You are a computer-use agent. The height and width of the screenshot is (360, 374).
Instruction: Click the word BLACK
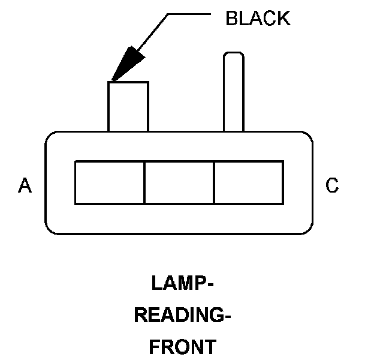[258, 19]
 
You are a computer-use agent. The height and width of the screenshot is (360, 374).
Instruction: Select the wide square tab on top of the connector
[128, 106]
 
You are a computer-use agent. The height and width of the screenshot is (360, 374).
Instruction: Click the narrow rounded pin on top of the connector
[233, 93]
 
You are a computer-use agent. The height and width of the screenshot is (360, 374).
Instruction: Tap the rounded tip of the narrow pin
[233, 56]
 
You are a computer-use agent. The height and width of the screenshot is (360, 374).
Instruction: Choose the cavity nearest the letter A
[110, 182]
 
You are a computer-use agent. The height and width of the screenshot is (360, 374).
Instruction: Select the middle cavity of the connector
[179, 182]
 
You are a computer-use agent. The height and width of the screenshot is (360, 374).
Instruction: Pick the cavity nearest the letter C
[249, 182]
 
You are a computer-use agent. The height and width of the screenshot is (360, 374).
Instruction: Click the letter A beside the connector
[25, 186]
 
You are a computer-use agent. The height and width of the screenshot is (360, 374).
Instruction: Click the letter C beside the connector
[332, 186]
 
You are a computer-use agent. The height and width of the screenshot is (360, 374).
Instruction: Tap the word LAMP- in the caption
[182, 283]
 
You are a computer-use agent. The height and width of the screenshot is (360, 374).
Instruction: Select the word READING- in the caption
[182, 315]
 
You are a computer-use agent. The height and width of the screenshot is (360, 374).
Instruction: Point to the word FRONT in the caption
[182, 347]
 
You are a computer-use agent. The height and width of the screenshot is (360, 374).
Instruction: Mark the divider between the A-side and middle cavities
[144, 182]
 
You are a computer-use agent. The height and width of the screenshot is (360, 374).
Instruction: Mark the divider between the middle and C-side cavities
[214, 182]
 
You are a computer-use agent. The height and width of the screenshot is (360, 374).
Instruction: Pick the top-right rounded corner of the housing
[308, 137]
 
